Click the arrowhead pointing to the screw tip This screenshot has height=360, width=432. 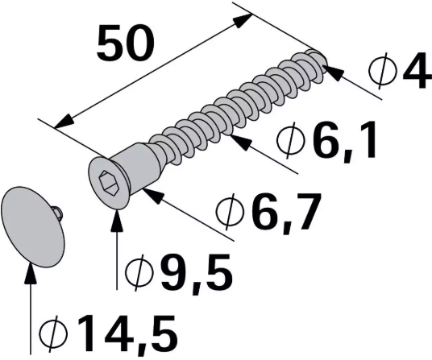tap(331, 72)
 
